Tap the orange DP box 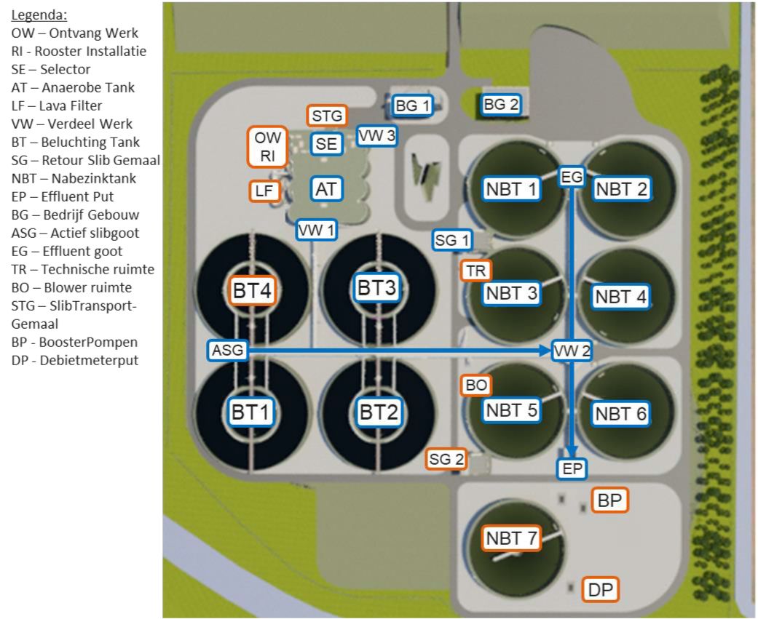[x=601, y=590]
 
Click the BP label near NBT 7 [x=610, y=500]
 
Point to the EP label [x=573, y=469]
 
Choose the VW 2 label [x=572, y=351]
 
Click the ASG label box [x=227, y=351]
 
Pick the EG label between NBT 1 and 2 [x=572, y=176]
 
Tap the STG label [x=327, y=116]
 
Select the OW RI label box [x=268, y=146]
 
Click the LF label [x=263, y=191]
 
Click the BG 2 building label [x=501, y=105]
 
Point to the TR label [x=475, y=271]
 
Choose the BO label [x=476, y=386]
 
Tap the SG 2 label [x=446, y=459]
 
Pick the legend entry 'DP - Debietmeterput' [x=74, y=359]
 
